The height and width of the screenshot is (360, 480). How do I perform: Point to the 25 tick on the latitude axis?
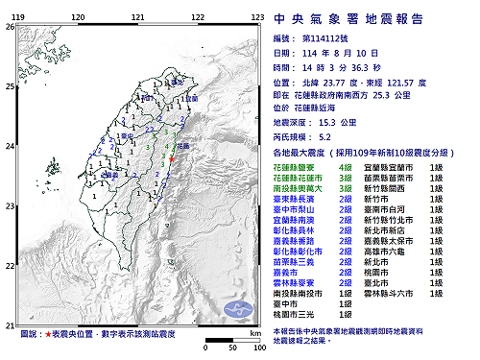[x=10, y=87]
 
